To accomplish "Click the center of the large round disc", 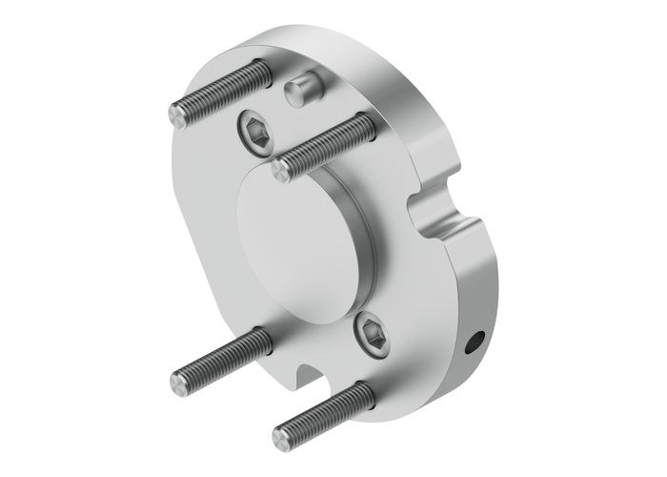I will pos(295,248).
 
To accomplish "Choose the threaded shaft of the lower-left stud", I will pos(219,358).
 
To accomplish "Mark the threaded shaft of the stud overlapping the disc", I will pos(324,146).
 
